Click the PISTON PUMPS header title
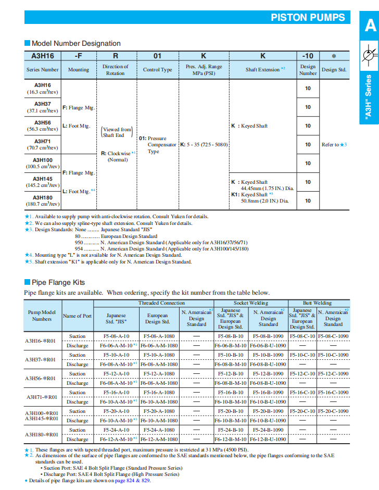coord(308,17)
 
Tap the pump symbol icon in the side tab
coord(370,54)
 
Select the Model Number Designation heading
coord(76,43)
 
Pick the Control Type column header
coord(157,70)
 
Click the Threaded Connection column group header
coord(161,303)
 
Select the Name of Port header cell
coord(77,316)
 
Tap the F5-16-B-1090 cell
coord(268,393)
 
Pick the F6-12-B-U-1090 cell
coord(268,439)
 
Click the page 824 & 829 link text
coord(135,480)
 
